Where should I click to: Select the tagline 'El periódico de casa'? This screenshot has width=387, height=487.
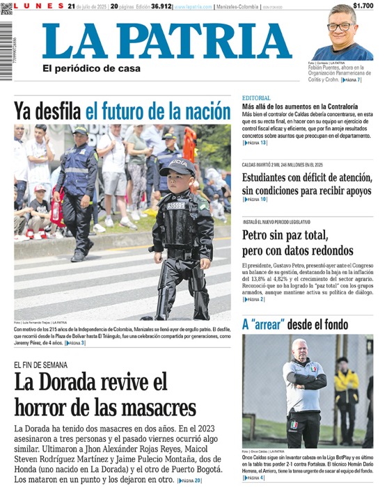point(90,68)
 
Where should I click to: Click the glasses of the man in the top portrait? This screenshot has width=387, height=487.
point(340,26)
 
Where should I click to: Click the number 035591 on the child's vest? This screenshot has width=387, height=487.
point(176,205)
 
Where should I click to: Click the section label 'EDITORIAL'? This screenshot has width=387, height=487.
point(257,97)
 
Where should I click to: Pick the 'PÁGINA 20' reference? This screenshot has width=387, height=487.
point(189,481)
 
